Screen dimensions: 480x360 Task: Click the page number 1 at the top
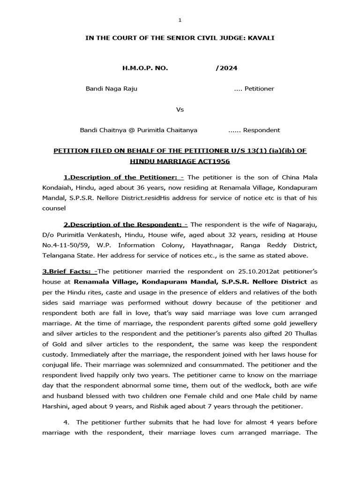(180, 20)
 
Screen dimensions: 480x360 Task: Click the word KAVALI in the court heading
(261, 38)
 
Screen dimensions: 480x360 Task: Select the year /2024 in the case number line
(226, 68)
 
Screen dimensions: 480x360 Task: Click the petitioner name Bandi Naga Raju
(111, 89)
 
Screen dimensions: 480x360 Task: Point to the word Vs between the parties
(180, 109)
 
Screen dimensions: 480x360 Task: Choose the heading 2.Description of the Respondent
(123, 225)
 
